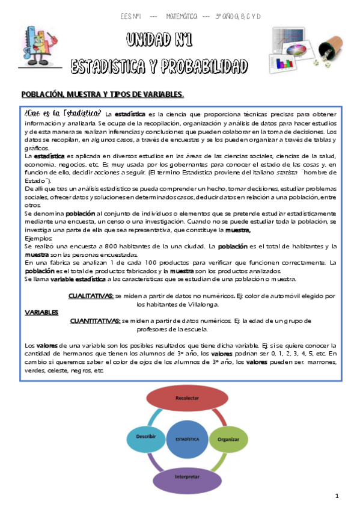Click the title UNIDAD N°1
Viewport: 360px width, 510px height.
159,41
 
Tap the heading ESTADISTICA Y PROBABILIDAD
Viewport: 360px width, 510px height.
159,65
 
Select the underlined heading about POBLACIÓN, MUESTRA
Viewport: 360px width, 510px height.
102,94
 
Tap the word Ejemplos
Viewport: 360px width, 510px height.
38,239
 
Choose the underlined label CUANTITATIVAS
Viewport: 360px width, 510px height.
95,321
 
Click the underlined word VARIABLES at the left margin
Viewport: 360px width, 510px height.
41,313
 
